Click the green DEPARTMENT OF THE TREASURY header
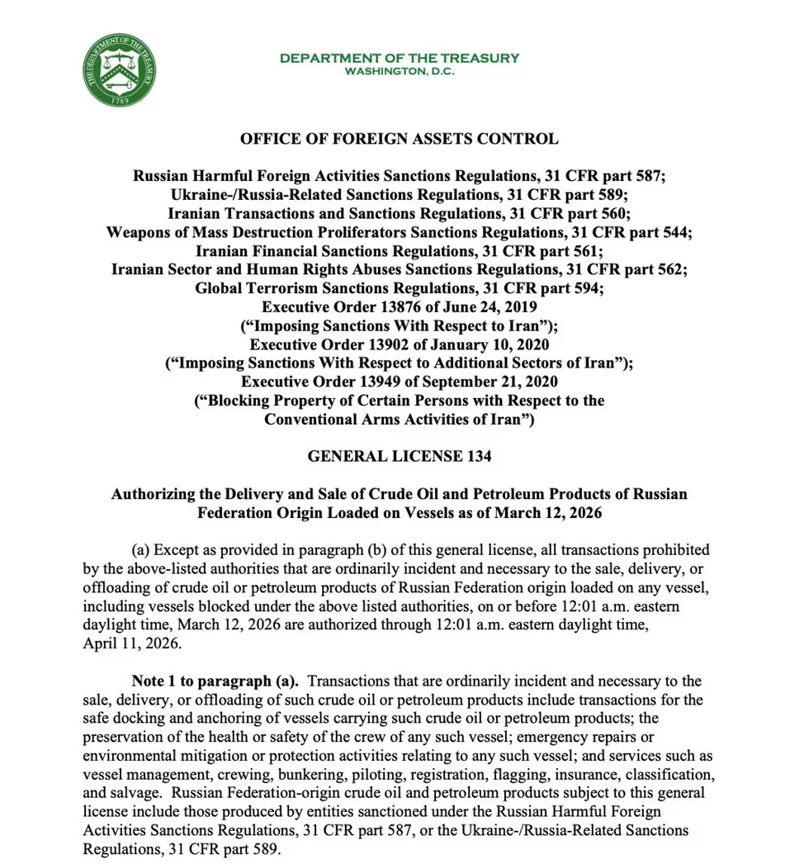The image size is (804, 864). point(400,58)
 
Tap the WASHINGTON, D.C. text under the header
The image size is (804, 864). point(400,71)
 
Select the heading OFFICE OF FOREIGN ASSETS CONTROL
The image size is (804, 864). point(400,139)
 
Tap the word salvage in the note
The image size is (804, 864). point(130,791)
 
